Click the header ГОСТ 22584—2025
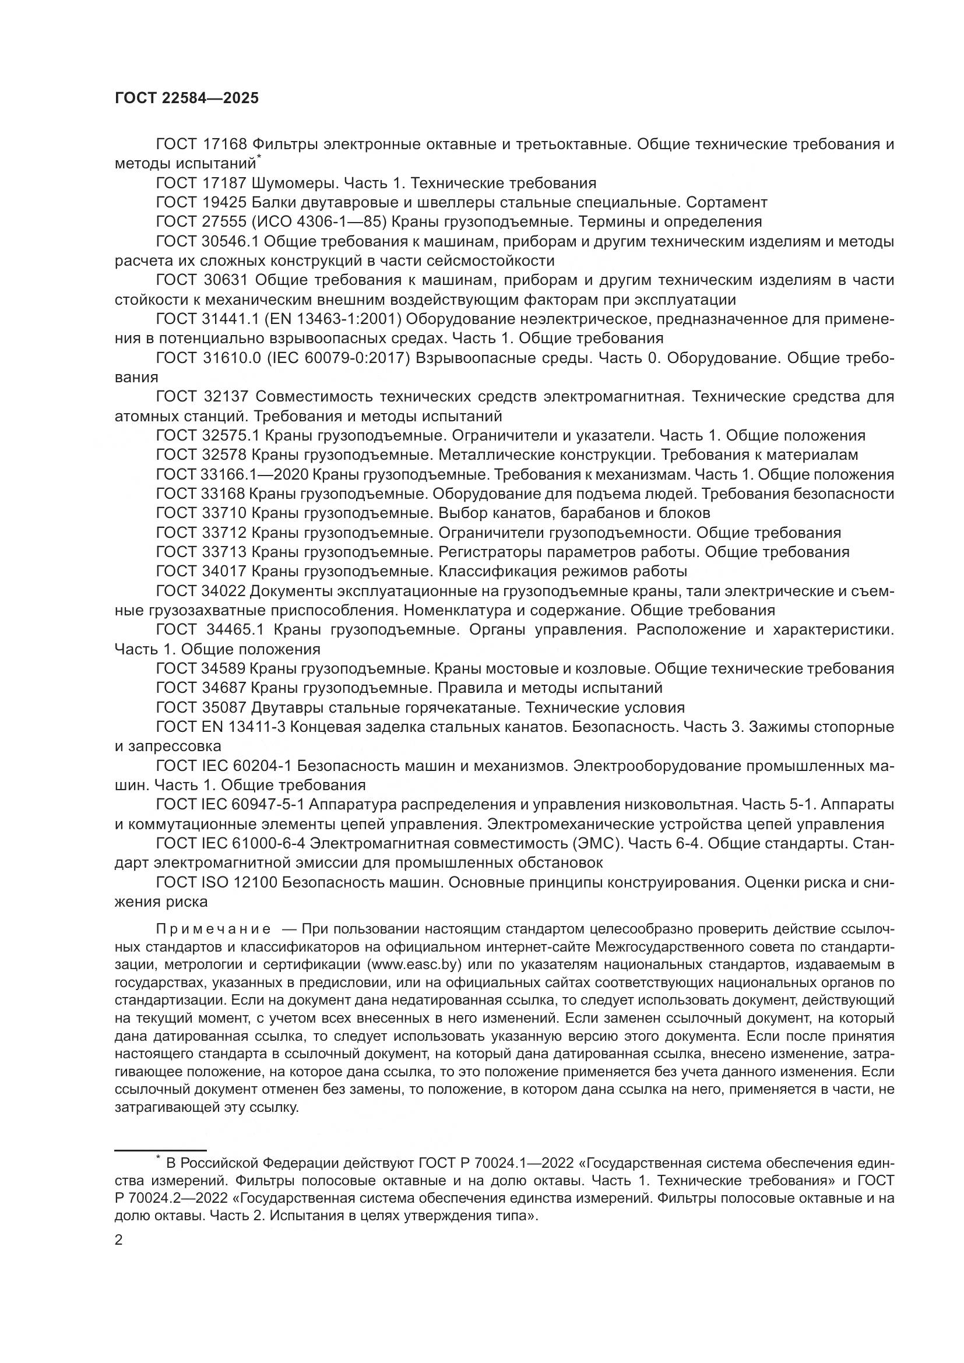point(187,98)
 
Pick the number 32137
point(227,397)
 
